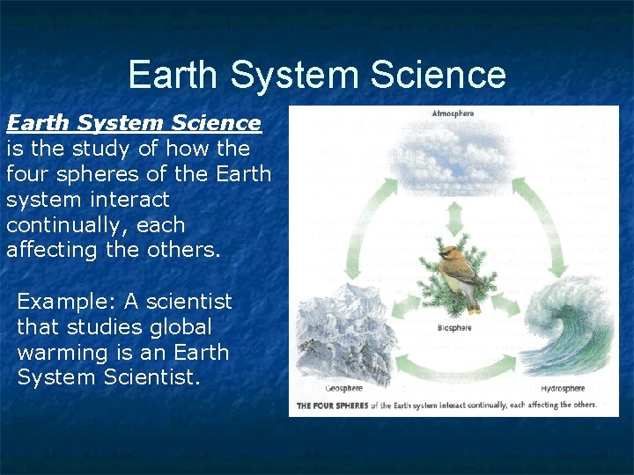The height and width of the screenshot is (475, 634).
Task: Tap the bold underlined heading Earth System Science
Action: click(133, 123)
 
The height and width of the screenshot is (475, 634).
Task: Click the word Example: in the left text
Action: click(67, 302)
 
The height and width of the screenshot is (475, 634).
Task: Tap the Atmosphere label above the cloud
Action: click(453, 113)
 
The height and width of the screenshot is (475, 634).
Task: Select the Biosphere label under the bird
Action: click(454, 328)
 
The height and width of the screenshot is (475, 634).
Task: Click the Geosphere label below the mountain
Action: click(343, 388)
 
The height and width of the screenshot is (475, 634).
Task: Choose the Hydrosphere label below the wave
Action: click(563, 388)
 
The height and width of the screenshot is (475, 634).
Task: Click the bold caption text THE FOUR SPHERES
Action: click(332, 406)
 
